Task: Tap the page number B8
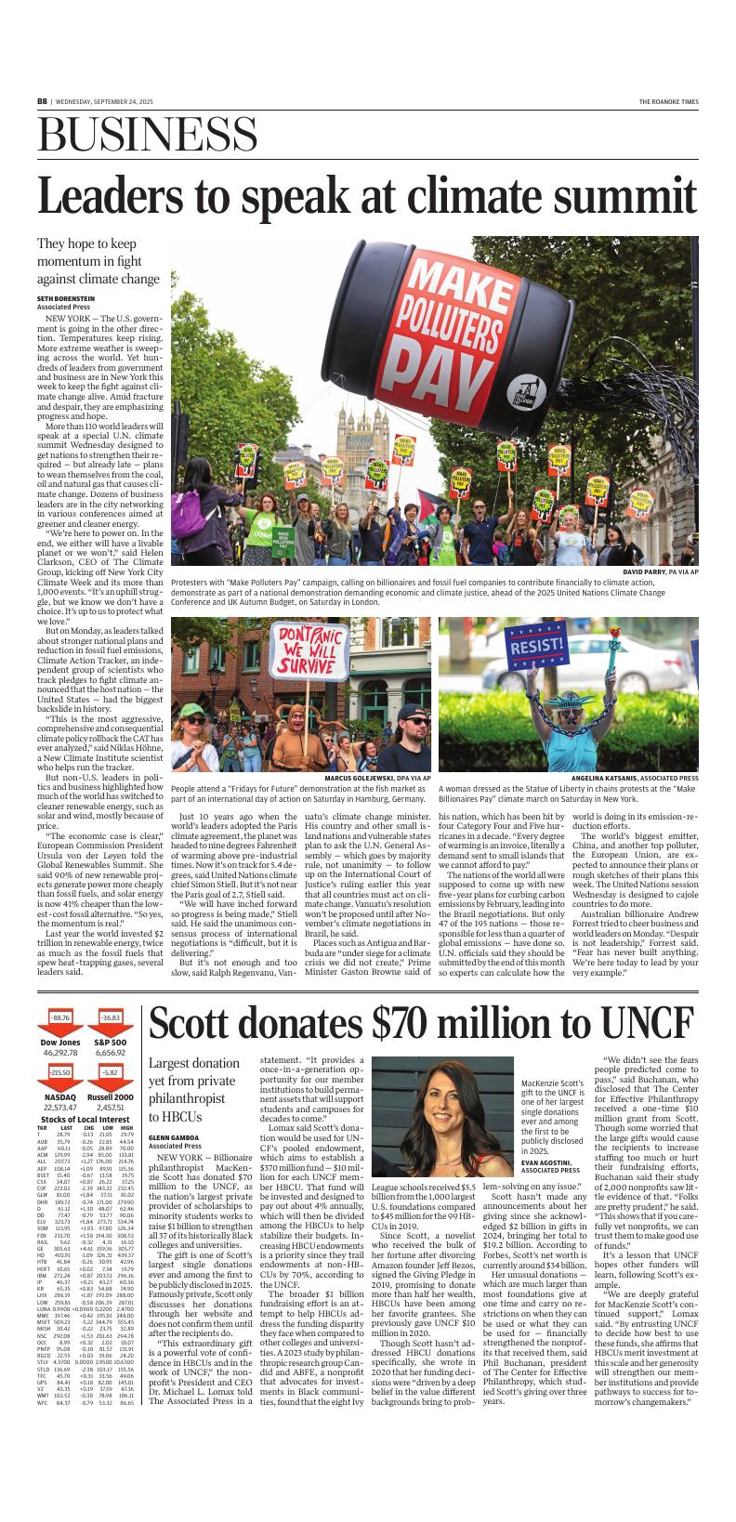[x=42, y=101]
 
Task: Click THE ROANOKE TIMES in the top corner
[x=668, y=101]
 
